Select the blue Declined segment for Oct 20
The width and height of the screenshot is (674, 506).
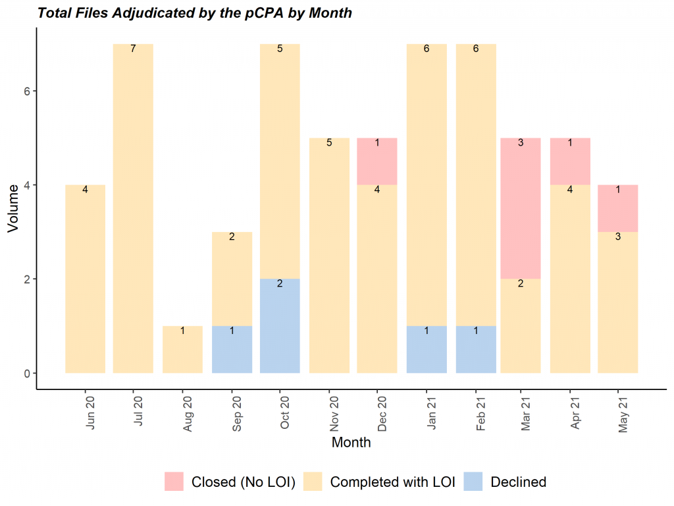click(x=280, y=325)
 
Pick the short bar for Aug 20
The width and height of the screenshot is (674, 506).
click(x=182, y=349)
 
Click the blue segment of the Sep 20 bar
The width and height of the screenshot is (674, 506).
click(x=232, y=349)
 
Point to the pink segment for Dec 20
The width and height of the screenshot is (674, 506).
click(x=377, y=161)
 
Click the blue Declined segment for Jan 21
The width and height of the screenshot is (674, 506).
click(x=427, y=349)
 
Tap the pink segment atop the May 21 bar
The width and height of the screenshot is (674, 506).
click(x=617, y=208)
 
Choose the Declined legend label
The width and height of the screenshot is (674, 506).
click(x=518, y=482)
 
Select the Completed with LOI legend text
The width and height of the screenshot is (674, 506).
click(x=392, y=482)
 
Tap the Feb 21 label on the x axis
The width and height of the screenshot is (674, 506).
click(x=480, y=414)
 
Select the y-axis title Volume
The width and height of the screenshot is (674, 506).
click(x=13, y=208)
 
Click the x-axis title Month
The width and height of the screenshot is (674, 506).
click(x=351, y=442)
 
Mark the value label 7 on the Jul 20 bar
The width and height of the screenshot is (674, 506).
click(x=133, y=49)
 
